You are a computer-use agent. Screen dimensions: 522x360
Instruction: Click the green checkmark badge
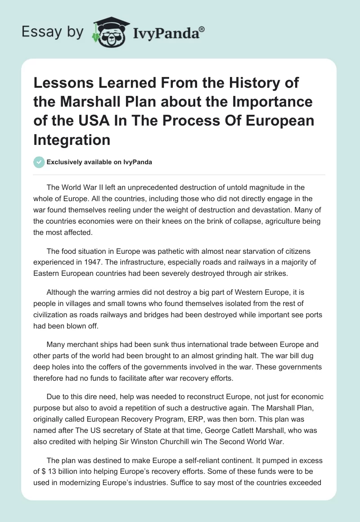pyautogui.click(x=39, y=162)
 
